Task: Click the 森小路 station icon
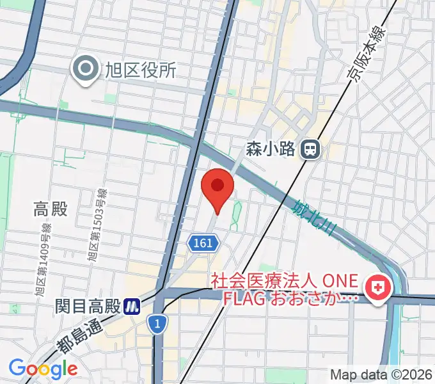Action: pos(312,150)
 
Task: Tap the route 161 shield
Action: pos(204,243)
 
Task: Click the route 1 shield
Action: pos(156,324)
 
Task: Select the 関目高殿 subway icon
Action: pos(132,306)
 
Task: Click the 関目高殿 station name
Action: pos(88,306)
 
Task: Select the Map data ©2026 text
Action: pos(381,374)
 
